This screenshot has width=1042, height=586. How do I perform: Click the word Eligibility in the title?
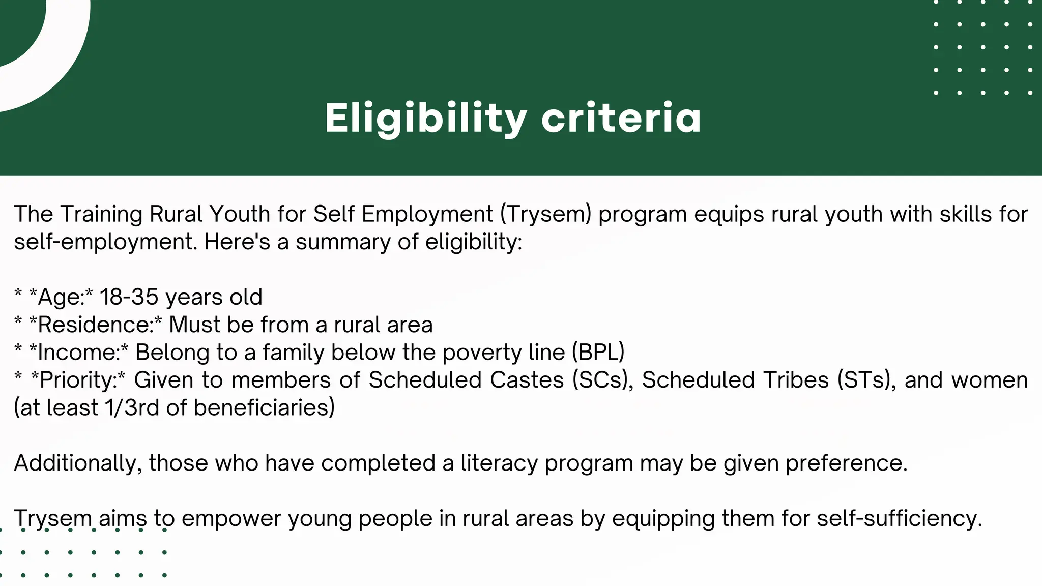(x=425, y=118)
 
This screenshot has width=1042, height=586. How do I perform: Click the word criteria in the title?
(x=621, y=118)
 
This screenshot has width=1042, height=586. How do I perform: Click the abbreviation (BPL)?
(x=598, y=353)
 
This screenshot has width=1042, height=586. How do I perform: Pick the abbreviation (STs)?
(x=866, y=380)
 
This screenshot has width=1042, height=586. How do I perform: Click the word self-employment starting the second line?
(x=105, y=242)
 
